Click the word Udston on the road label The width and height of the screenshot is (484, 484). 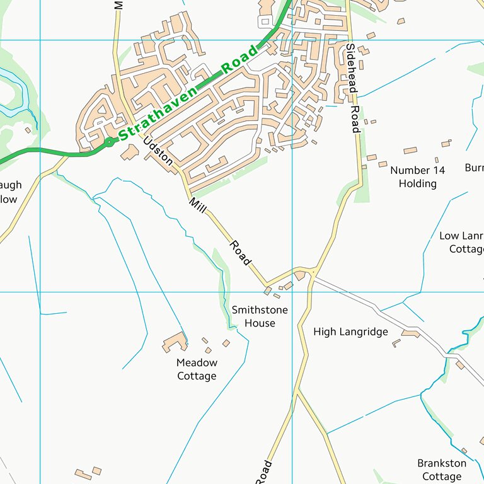pos(158,152)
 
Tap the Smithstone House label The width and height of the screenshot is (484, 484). pos(260,316)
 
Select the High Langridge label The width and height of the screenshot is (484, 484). pos(350,331)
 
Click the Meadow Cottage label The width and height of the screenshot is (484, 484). pos(197,369)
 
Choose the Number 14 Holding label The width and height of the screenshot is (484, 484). pos(417,177)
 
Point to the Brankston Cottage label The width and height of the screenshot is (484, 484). pos(442,470)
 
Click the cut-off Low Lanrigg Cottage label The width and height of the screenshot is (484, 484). pos(461,243)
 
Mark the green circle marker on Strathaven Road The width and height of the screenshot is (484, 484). pos(109,142)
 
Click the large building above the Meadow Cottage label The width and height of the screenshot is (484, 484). pos(175,342)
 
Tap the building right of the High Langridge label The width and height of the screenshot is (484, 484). pos(410,333)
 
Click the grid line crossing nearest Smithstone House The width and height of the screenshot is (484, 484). pos(292,292)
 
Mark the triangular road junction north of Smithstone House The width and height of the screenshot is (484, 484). pos(306,273)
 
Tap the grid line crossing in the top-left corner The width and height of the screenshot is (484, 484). pos(40,40)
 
